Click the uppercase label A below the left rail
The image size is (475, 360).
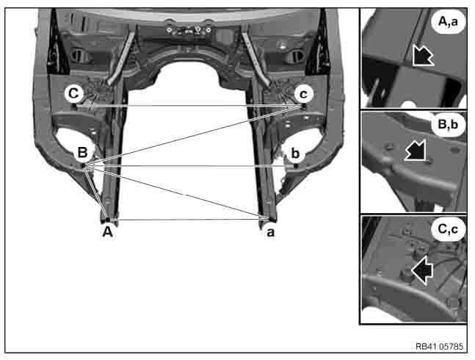107,232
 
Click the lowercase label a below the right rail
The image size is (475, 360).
270,232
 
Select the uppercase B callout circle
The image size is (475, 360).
83,152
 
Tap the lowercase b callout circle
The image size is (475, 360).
295,154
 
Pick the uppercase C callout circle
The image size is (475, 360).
73,93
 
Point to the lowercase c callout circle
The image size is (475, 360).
303,94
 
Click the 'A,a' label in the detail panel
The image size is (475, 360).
448,22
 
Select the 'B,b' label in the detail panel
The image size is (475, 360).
448,125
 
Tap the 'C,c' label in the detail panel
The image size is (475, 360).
448,229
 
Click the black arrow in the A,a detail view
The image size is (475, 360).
422,55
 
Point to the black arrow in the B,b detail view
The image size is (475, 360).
416,151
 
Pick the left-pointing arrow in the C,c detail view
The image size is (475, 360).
422,270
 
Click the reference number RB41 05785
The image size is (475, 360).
439,346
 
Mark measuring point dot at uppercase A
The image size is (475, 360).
107,220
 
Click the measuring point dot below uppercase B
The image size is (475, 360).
84,165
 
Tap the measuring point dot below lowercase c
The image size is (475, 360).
303,106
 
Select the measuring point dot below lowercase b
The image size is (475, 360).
296,166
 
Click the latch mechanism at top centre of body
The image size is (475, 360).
189,30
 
